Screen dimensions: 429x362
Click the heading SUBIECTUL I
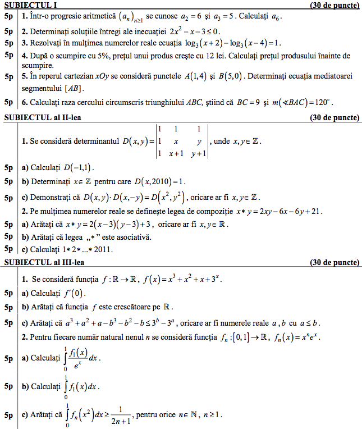click(x=30, y=5)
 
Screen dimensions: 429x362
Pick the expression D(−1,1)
click(x=78, y=168)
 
